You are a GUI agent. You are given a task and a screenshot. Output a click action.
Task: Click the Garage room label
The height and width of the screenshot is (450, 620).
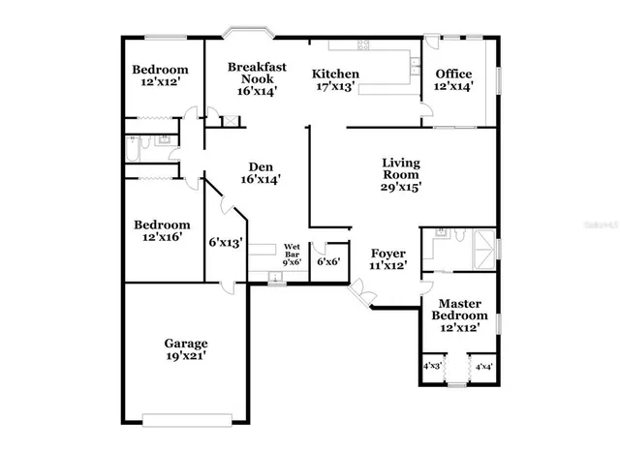185,343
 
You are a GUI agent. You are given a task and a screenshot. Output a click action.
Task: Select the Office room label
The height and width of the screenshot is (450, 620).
453,75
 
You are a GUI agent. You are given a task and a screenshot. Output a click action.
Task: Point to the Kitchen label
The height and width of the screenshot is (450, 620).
335,75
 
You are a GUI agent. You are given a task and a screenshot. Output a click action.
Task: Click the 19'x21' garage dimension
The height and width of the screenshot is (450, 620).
185,356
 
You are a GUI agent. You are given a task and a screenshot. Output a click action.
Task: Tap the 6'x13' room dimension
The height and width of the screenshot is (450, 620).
226,243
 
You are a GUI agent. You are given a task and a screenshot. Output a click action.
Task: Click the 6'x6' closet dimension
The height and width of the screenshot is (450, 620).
330,261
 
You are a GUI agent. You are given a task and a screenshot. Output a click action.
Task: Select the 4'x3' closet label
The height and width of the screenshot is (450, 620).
432,367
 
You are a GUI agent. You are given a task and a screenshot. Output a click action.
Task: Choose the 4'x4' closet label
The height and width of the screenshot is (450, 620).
481,367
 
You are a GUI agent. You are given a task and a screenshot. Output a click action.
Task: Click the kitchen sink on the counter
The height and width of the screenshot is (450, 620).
414,66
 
